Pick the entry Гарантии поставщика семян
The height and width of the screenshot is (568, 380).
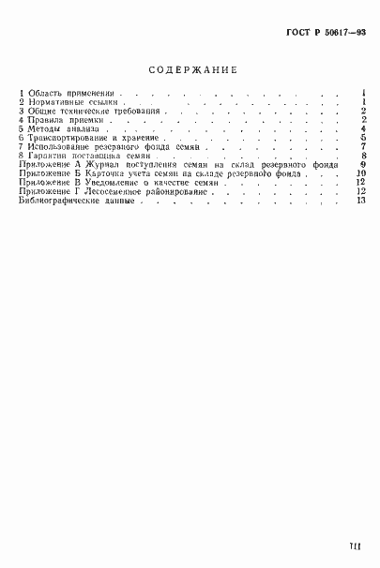80,156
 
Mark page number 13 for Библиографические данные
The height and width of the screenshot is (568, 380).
360,200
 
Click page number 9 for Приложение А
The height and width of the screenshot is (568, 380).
362,164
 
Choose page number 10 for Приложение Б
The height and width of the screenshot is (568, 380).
360,173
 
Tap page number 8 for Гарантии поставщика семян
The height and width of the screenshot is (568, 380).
362,156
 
